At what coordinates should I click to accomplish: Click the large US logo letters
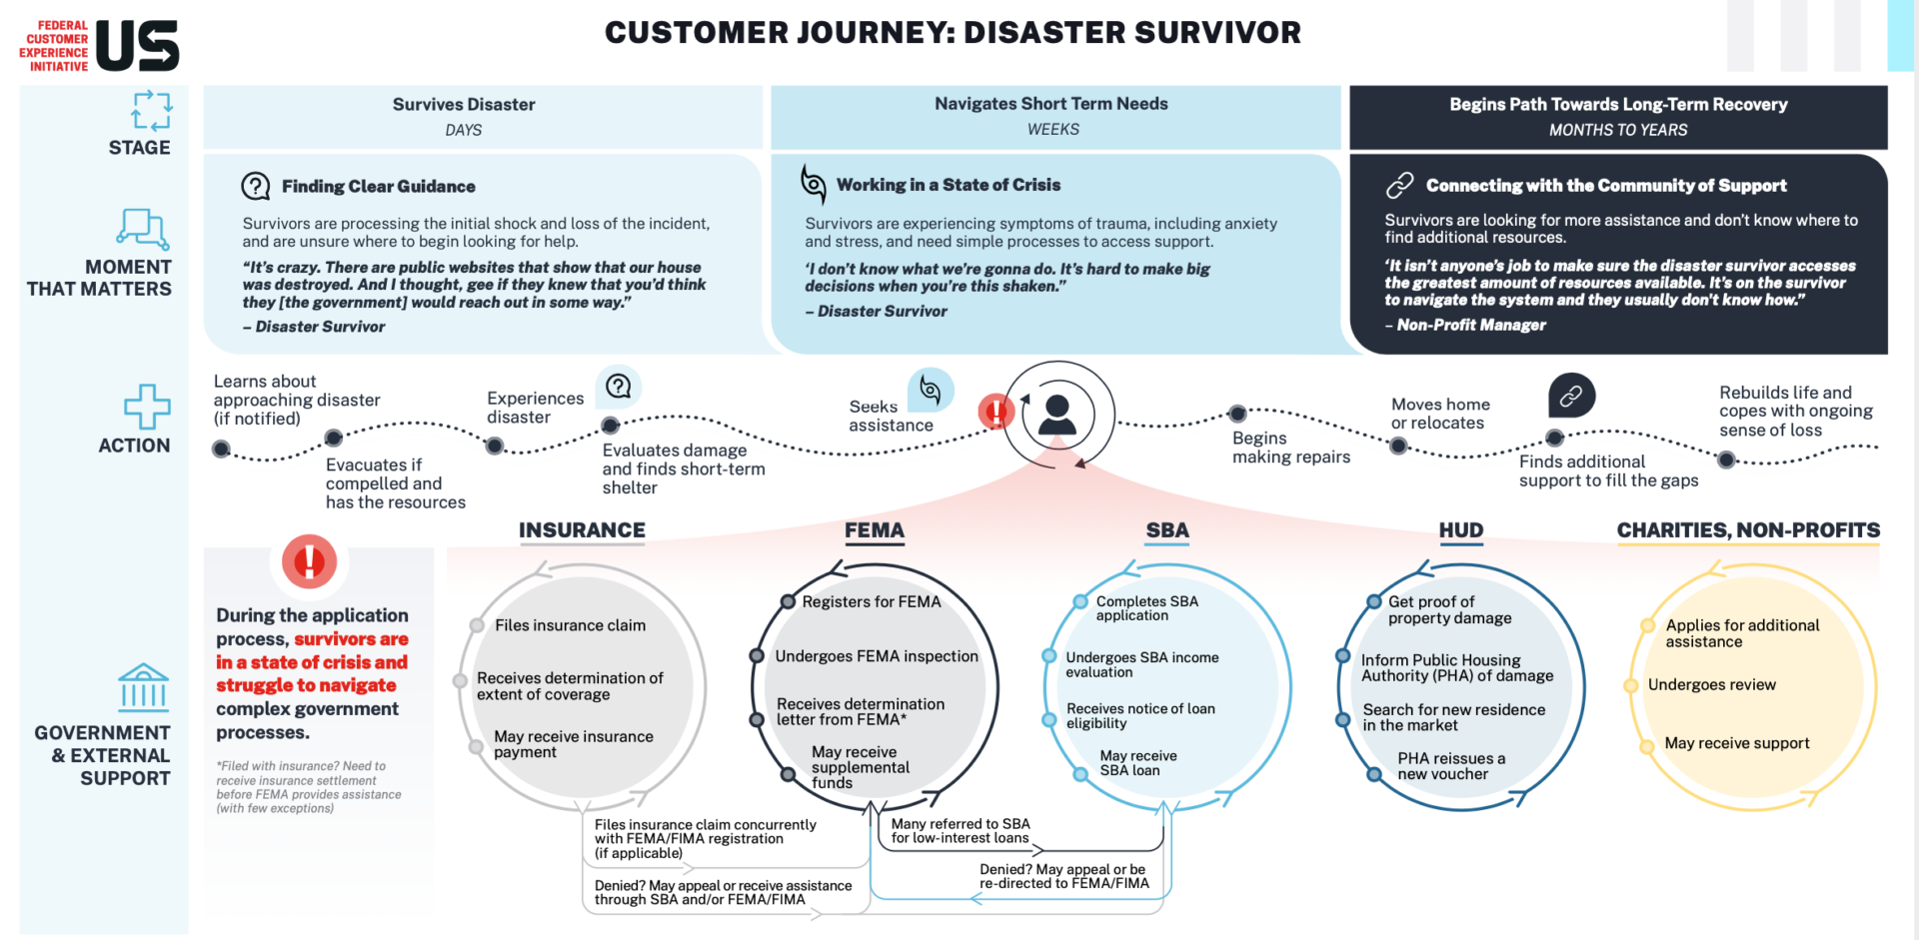138,46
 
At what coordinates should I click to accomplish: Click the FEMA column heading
874,530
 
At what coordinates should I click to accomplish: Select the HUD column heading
1460,530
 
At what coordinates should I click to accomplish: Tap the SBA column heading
1166,530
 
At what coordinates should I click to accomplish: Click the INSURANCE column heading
582,530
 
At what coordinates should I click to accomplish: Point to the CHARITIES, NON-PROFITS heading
1748,530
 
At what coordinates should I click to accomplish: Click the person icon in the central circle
1057,414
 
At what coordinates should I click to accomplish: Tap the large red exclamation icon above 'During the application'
309,561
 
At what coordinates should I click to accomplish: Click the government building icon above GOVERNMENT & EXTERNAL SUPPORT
143,687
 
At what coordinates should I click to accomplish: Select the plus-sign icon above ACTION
147,407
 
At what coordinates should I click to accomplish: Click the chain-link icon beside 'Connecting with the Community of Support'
1399,185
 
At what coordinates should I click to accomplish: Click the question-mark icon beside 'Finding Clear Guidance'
256,186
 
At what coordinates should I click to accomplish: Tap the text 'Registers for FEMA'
871,601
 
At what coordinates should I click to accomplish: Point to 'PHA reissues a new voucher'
1449,766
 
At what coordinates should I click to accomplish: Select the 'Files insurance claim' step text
570,625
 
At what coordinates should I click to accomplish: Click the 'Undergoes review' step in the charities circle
1711,684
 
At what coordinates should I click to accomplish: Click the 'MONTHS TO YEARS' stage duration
1617,130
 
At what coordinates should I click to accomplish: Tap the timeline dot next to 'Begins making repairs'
1237,414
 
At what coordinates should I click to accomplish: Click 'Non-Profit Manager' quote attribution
1470,325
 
